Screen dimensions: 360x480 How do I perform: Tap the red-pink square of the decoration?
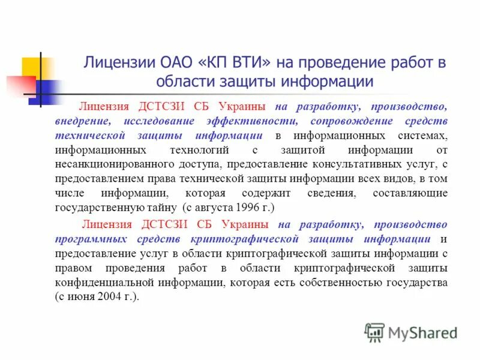pyautogui.click(x=18, y=84)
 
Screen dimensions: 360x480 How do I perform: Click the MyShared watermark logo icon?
pyautogui.click(x=374, y=331)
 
